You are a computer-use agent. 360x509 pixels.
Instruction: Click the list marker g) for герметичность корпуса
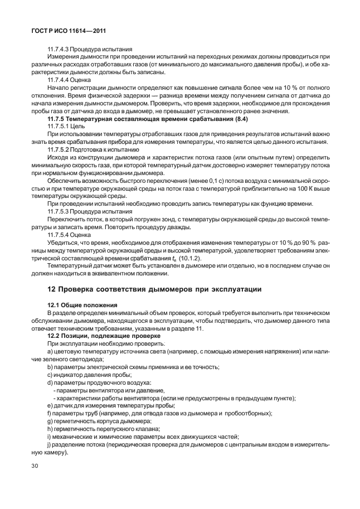point(50,420)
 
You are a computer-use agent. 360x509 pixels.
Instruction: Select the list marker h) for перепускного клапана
point(50,428)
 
